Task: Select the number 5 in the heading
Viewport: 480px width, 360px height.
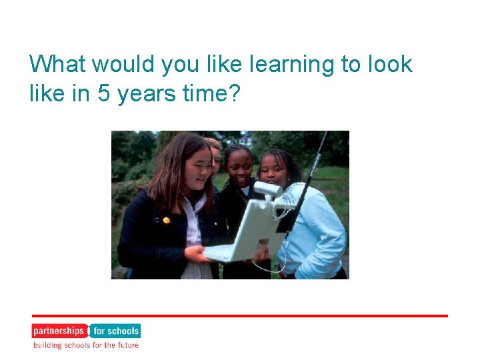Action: [103, 94]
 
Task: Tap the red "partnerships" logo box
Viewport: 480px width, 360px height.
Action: [59, 331]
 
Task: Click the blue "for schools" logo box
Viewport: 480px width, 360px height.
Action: [115, 331]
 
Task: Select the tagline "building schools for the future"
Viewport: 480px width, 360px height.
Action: [85, 345]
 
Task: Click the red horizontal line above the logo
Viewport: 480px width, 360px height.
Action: [240, 315]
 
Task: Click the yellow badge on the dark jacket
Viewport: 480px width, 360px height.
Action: [166, 219]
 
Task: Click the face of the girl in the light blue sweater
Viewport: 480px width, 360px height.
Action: [273, 170]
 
